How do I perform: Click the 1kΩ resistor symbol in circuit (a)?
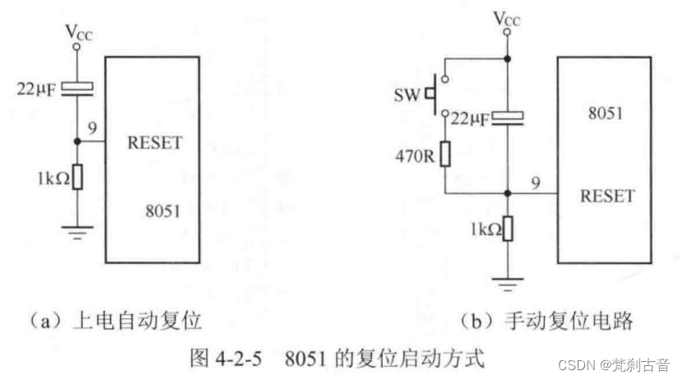[77, 176]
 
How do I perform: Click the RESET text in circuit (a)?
[155, 143]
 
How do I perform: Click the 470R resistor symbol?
[445, 154]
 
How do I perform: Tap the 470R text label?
[411, 154]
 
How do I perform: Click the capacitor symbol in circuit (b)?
[507, 118]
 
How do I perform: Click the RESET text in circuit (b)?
[607, 196]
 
